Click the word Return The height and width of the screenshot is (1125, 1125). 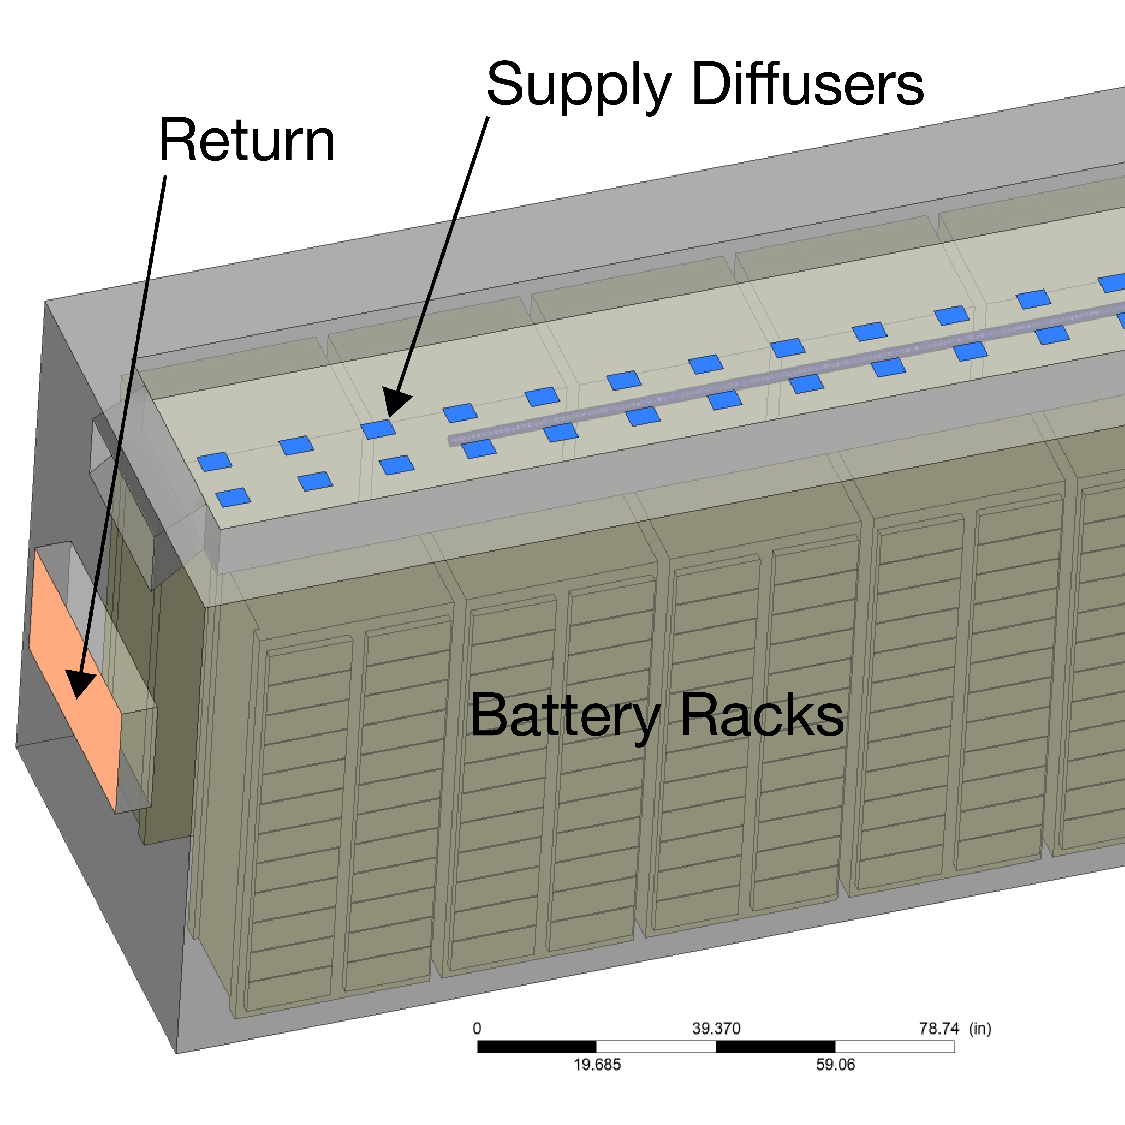247,141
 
